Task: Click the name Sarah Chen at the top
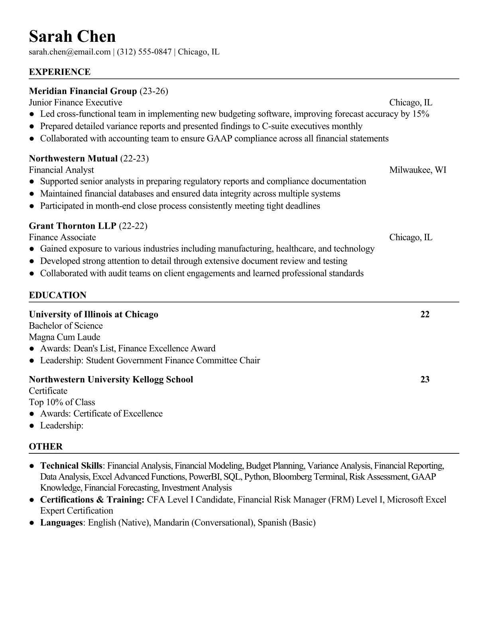[72, 37]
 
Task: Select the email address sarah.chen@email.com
[69, 52]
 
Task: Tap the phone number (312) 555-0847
[144, 52]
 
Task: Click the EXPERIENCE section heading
[60, 72]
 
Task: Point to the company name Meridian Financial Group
[83, 91]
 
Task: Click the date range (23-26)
[154, 91]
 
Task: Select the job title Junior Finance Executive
[75, 102]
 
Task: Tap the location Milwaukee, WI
[417, 170]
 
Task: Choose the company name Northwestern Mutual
[73, 159]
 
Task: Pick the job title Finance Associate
[62, 237]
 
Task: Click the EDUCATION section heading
[57, 295]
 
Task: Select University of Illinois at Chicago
[94, 314]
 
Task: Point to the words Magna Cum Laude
[65, 337]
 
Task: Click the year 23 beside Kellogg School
[425, 379]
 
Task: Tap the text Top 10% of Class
[62, 402]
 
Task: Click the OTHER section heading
[46, 447]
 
